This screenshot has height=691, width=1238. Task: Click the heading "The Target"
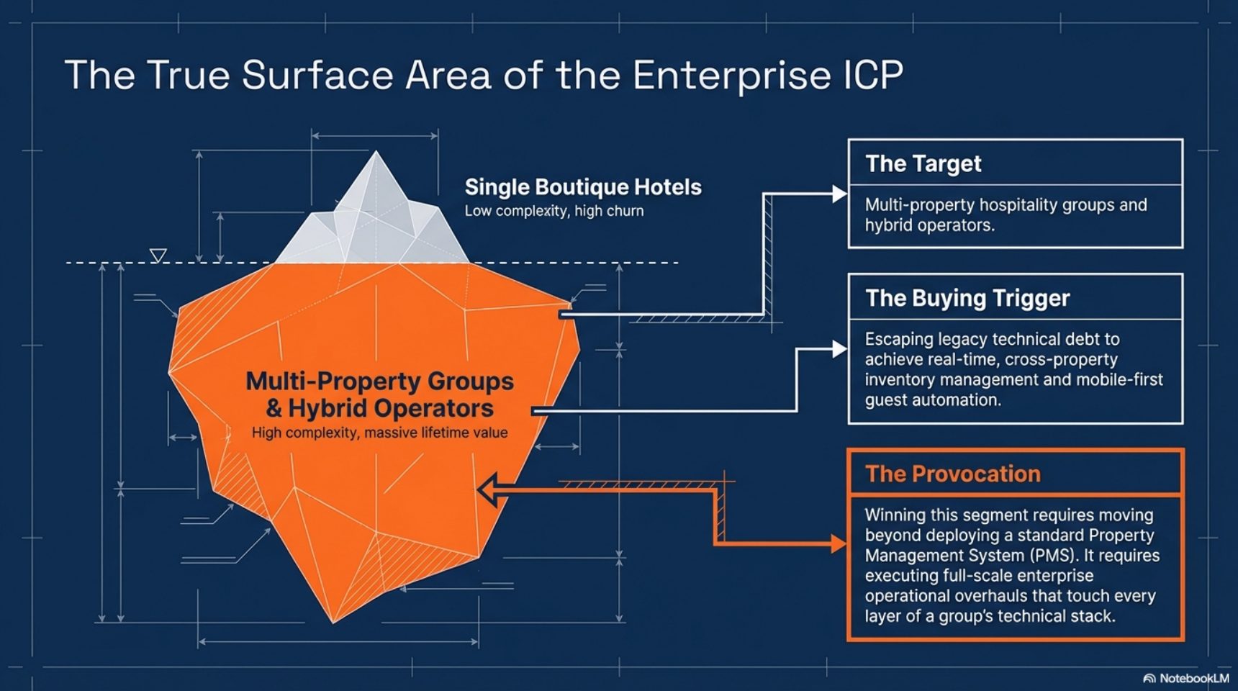click(923, 164)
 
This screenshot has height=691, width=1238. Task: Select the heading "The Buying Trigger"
click(967, 298)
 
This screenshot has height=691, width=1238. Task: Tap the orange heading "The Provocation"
click(953, 474)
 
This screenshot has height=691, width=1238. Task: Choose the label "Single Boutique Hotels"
click(583, 187)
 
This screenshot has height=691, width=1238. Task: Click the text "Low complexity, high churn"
click(554, 211)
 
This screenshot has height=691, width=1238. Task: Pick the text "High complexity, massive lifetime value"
click(379, 433)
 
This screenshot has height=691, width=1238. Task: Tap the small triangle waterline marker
click(158, 256)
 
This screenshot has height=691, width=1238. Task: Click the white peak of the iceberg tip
click(376, 152)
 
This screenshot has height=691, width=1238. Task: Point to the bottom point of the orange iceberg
click(333, 622)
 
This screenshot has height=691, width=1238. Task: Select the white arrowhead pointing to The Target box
click(839, 194)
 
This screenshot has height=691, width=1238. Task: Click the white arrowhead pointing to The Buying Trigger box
click(839, 349)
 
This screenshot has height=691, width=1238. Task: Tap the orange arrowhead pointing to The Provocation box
click(839, 544)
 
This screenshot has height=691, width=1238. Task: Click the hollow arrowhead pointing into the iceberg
click(487, 490)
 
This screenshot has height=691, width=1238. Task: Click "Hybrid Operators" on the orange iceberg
click(391, 409)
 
